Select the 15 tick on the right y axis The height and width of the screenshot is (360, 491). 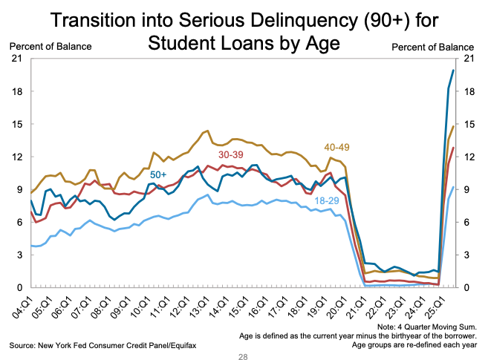(469, 125)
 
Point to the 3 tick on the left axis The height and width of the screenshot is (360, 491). (18, 255)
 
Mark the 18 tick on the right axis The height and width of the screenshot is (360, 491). (469, 92)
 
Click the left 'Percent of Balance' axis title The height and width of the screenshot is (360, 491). (51, 47)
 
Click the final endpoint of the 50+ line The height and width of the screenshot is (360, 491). (454, 70)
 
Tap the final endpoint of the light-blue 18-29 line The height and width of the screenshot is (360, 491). (454, 187)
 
